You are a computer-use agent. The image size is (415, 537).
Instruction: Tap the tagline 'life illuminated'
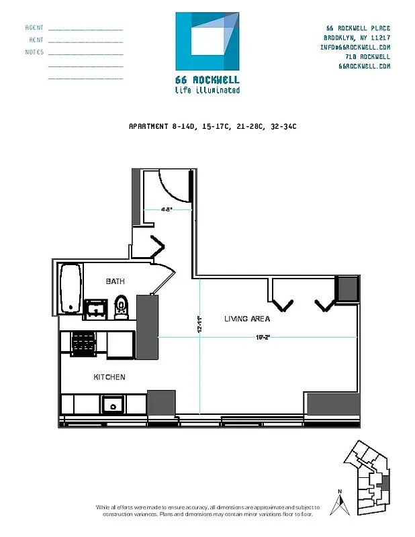point(207,90)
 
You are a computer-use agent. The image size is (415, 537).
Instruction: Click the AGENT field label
point(34,28)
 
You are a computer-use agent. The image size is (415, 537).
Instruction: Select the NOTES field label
point(34,52)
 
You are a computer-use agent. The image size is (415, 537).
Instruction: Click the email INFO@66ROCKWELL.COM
point(355,48)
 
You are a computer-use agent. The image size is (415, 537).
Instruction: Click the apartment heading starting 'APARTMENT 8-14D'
point(212,126)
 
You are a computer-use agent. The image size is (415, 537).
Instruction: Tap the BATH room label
point(115,281)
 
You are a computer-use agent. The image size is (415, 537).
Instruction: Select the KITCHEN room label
point(109,377)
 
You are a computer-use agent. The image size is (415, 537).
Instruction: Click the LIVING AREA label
point(247,319)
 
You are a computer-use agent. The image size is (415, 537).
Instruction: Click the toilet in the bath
point(121,306)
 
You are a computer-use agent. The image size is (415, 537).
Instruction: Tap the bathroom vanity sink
point(96,308)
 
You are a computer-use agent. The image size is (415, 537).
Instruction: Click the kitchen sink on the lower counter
point(113,404)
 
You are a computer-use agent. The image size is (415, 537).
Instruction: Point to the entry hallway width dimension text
point(167,209)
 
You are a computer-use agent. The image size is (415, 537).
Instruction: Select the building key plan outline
point(367,477)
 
